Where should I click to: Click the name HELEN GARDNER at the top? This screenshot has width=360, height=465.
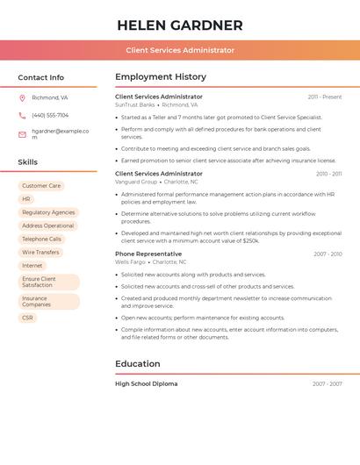click(180, 25)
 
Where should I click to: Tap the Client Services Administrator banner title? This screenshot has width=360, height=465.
click(180, 50)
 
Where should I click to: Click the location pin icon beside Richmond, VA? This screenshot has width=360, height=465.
click(22, 97)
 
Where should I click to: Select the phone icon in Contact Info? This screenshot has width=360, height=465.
click(22, 115)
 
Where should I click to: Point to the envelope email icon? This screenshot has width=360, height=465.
click(22, 134)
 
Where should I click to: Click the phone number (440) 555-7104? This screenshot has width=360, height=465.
click(50, 115)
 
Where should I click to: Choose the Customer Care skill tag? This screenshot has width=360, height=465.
click(41, 186)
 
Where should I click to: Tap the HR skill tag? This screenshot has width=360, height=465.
click(26, 199)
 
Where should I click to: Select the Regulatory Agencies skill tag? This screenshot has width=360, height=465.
click(48, 212)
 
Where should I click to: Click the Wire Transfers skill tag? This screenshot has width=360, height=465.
click(40, 252)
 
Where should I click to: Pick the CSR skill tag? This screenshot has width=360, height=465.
click(27, 318)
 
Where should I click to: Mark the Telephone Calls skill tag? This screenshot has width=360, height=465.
click(41, 239)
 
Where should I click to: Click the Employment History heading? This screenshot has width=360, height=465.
click(161, 77)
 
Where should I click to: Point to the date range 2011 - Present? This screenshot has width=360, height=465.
click(325, 97)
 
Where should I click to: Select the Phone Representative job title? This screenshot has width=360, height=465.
click(148, 254)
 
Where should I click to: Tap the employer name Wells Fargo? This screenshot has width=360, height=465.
click(131, 261)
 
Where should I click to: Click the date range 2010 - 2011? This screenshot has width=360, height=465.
click(328, 174)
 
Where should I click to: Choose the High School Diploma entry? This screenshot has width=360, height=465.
click(146, 383)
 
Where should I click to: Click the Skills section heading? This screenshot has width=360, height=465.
click(28, 162)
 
